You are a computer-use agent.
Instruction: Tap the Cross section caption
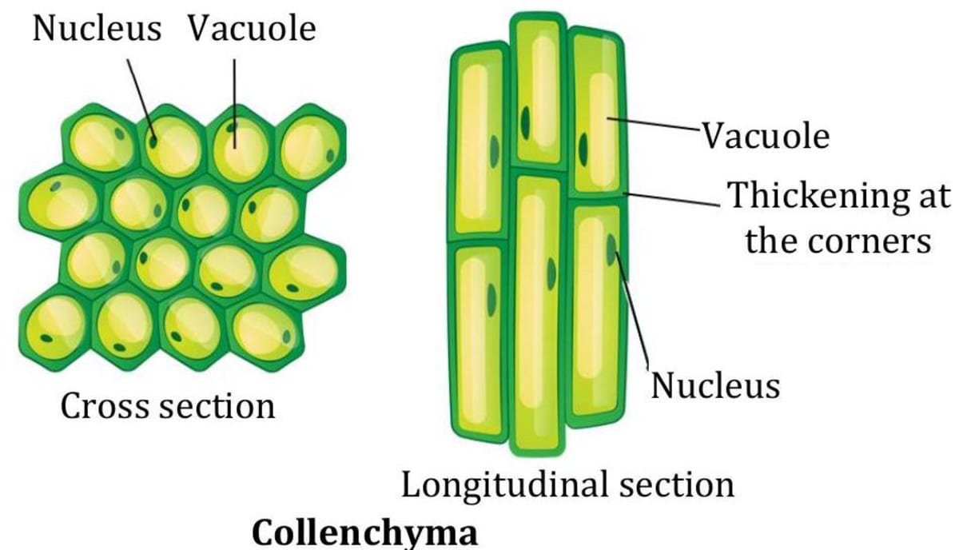coord(168,406)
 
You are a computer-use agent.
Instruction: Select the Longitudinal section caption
coord(567,484)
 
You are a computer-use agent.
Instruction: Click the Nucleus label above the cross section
coord(97,29)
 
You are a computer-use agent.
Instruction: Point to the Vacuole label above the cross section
coord(252,29)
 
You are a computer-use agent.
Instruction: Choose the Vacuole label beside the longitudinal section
coord(766,136)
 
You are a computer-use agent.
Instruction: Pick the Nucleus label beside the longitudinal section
coord(715,385)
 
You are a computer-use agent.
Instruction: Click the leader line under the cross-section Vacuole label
coord(235,96)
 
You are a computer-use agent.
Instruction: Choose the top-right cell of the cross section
coord(309,145)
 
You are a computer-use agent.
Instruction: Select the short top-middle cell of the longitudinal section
coord(537,92)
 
